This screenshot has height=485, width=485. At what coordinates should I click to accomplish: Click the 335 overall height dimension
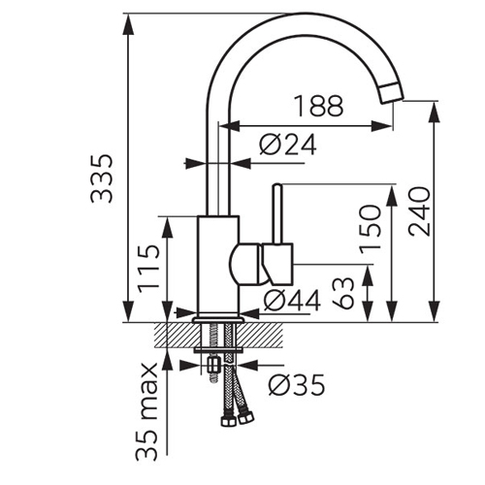click(x=102, y=178)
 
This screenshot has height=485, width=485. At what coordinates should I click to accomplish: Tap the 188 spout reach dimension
click(x=319, y=106)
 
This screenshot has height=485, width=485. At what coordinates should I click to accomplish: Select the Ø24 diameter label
click(x=288, y=145)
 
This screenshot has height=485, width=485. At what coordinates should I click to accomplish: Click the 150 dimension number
click(x=371, y=230)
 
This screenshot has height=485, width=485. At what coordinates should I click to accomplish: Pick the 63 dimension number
click(x=343, y=293)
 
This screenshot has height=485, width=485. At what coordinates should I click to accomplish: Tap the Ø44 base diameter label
click(x=292, y=300)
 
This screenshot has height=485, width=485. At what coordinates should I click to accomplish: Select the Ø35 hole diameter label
click(x=297, y=385)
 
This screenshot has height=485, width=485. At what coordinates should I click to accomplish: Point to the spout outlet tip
click(x=392, y=93)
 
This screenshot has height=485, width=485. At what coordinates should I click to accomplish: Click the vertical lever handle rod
click(x=277, y=213)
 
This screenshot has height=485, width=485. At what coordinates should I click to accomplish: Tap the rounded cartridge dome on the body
click(x=245, y=265)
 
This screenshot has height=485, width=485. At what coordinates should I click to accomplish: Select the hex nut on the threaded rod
click(x=213, y=365)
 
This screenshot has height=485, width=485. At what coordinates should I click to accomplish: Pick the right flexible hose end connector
click(x=244, y=419)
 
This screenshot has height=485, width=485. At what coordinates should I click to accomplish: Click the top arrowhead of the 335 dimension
click(x=129, y=24)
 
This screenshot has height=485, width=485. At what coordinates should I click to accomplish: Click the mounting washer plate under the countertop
click(x=218, y=350)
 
